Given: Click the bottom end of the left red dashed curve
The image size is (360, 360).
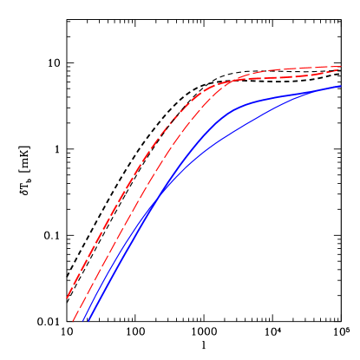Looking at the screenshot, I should (67, 298).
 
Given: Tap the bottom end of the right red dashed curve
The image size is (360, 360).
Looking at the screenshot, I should (74, 321).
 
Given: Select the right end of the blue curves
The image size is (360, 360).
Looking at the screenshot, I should (341, 86).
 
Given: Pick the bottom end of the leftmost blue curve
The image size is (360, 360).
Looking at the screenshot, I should (83, 321).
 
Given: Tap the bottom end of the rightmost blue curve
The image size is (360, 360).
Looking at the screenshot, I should (88, 321).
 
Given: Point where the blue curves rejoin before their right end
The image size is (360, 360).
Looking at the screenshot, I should (321, 90).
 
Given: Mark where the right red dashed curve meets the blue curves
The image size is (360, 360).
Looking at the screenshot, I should (156, 193).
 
